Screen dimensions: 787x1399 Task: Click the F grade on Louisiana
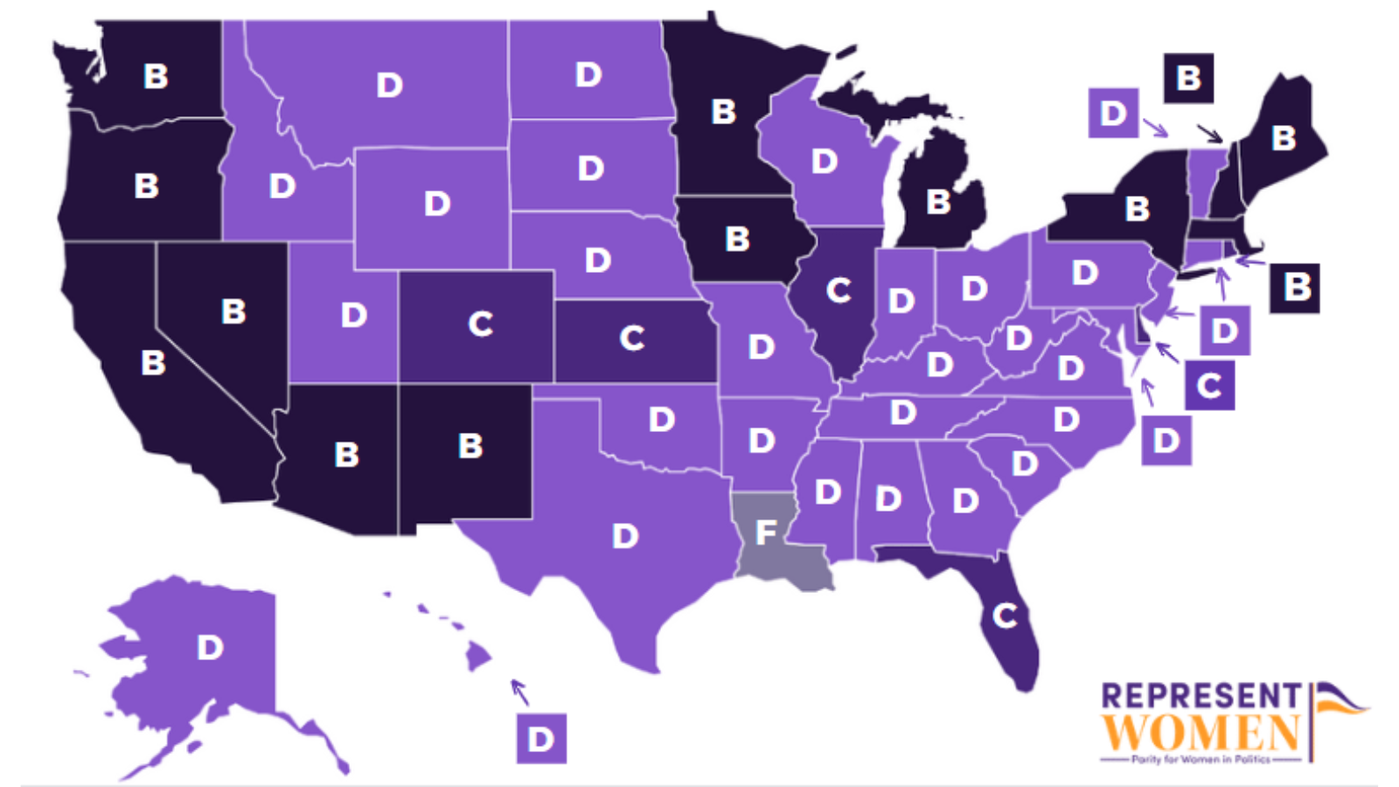766,532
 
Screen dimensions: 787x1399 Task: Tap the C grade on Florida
1006,616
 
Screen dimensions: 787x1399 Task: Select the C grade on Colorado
480,324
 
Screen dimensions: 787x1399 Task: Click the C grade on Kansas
632,338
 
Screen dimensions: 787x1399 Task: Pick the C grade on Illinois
839,290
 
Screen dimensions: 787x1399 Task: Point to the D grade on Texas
625,536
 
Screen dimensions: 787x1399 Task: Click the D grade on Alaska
210,648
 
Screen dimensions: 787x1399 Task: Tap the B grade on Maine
1284,138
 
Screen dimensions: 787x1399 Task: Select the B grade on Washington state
156,77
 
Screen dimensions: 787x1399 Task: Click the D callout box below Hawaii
541,739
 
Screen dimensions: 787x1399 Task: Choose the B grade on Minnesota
723,112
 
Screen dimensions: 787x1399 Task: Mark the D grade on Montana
389,86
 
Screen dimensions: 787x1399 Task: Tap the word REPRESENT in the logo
1201,696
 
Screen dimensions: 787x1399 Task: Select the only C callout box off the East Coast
1210,386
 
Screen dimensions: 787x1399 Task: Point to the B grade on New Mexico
470,446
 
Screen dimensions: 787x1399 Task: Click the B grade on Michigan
938,202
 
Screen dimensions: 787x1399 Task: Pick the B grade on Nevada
233,312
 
